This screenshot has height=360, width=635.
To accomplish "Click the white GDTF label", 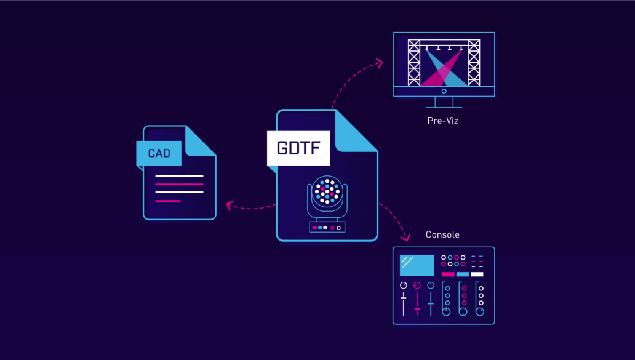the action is coord(298,148).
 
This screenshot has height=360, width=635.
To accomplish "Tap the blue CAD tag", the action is coord(159,153).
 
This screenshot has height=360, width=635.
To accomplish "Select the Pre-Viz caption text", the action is coord(442,121).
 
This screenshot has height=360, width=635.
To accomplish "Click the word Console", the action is coord(442,234).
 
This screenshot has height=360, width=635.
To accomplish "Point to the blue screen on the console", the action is coord(417,265).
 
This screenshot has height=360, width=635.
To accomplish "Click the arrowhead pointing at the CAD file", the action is coord(230,206).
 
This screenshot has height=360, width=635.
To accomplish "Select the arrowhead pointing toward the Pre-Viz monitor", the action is coord(380,63).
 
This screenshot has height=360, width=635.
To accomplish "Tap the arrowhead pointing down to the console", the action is coord(405,237).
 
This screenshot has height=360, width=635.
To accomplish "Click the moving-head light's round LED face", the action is coord(327,190).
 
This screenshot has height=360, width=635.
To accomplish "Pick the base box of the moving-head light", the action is coord(327,227).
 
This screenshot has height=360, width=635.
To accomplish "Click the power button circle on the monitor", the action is coord(444,91).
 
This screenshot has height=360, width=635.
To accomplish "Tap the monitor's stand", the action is coord(444,102).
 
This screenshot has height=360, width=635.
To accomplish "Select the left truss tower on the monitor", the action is coord(414,63).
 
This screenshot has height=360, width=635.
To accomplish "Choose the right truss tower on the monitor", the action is coord(474,63).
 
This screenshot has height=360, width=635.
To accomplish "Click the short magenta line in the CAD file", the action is coord(167,201).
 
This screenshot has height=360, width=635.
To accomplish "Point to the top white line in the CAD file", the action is coord(179,176).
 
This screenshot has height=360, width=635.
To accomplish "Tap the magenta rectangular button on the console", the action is coord(448,274).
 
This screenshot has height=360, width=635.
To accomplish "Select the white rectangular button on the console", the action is coord(477,274).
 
